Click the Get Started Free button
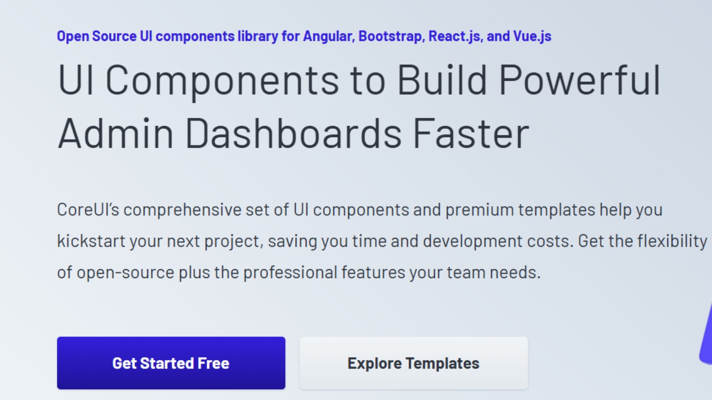click(x=171, y=363)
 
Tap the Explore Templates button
click(x=414, y=363)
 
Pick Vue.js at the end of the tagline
click(x=532, y=36)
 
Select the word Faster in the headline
click(x=471, y=133)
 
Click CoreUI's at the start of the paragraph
click(x=88, y=210)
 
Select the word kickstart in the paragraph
click(x=91, y=241)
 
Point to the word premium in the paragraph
click(x=479, y=210)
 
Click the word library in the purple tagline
click(x=258, y=36)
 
